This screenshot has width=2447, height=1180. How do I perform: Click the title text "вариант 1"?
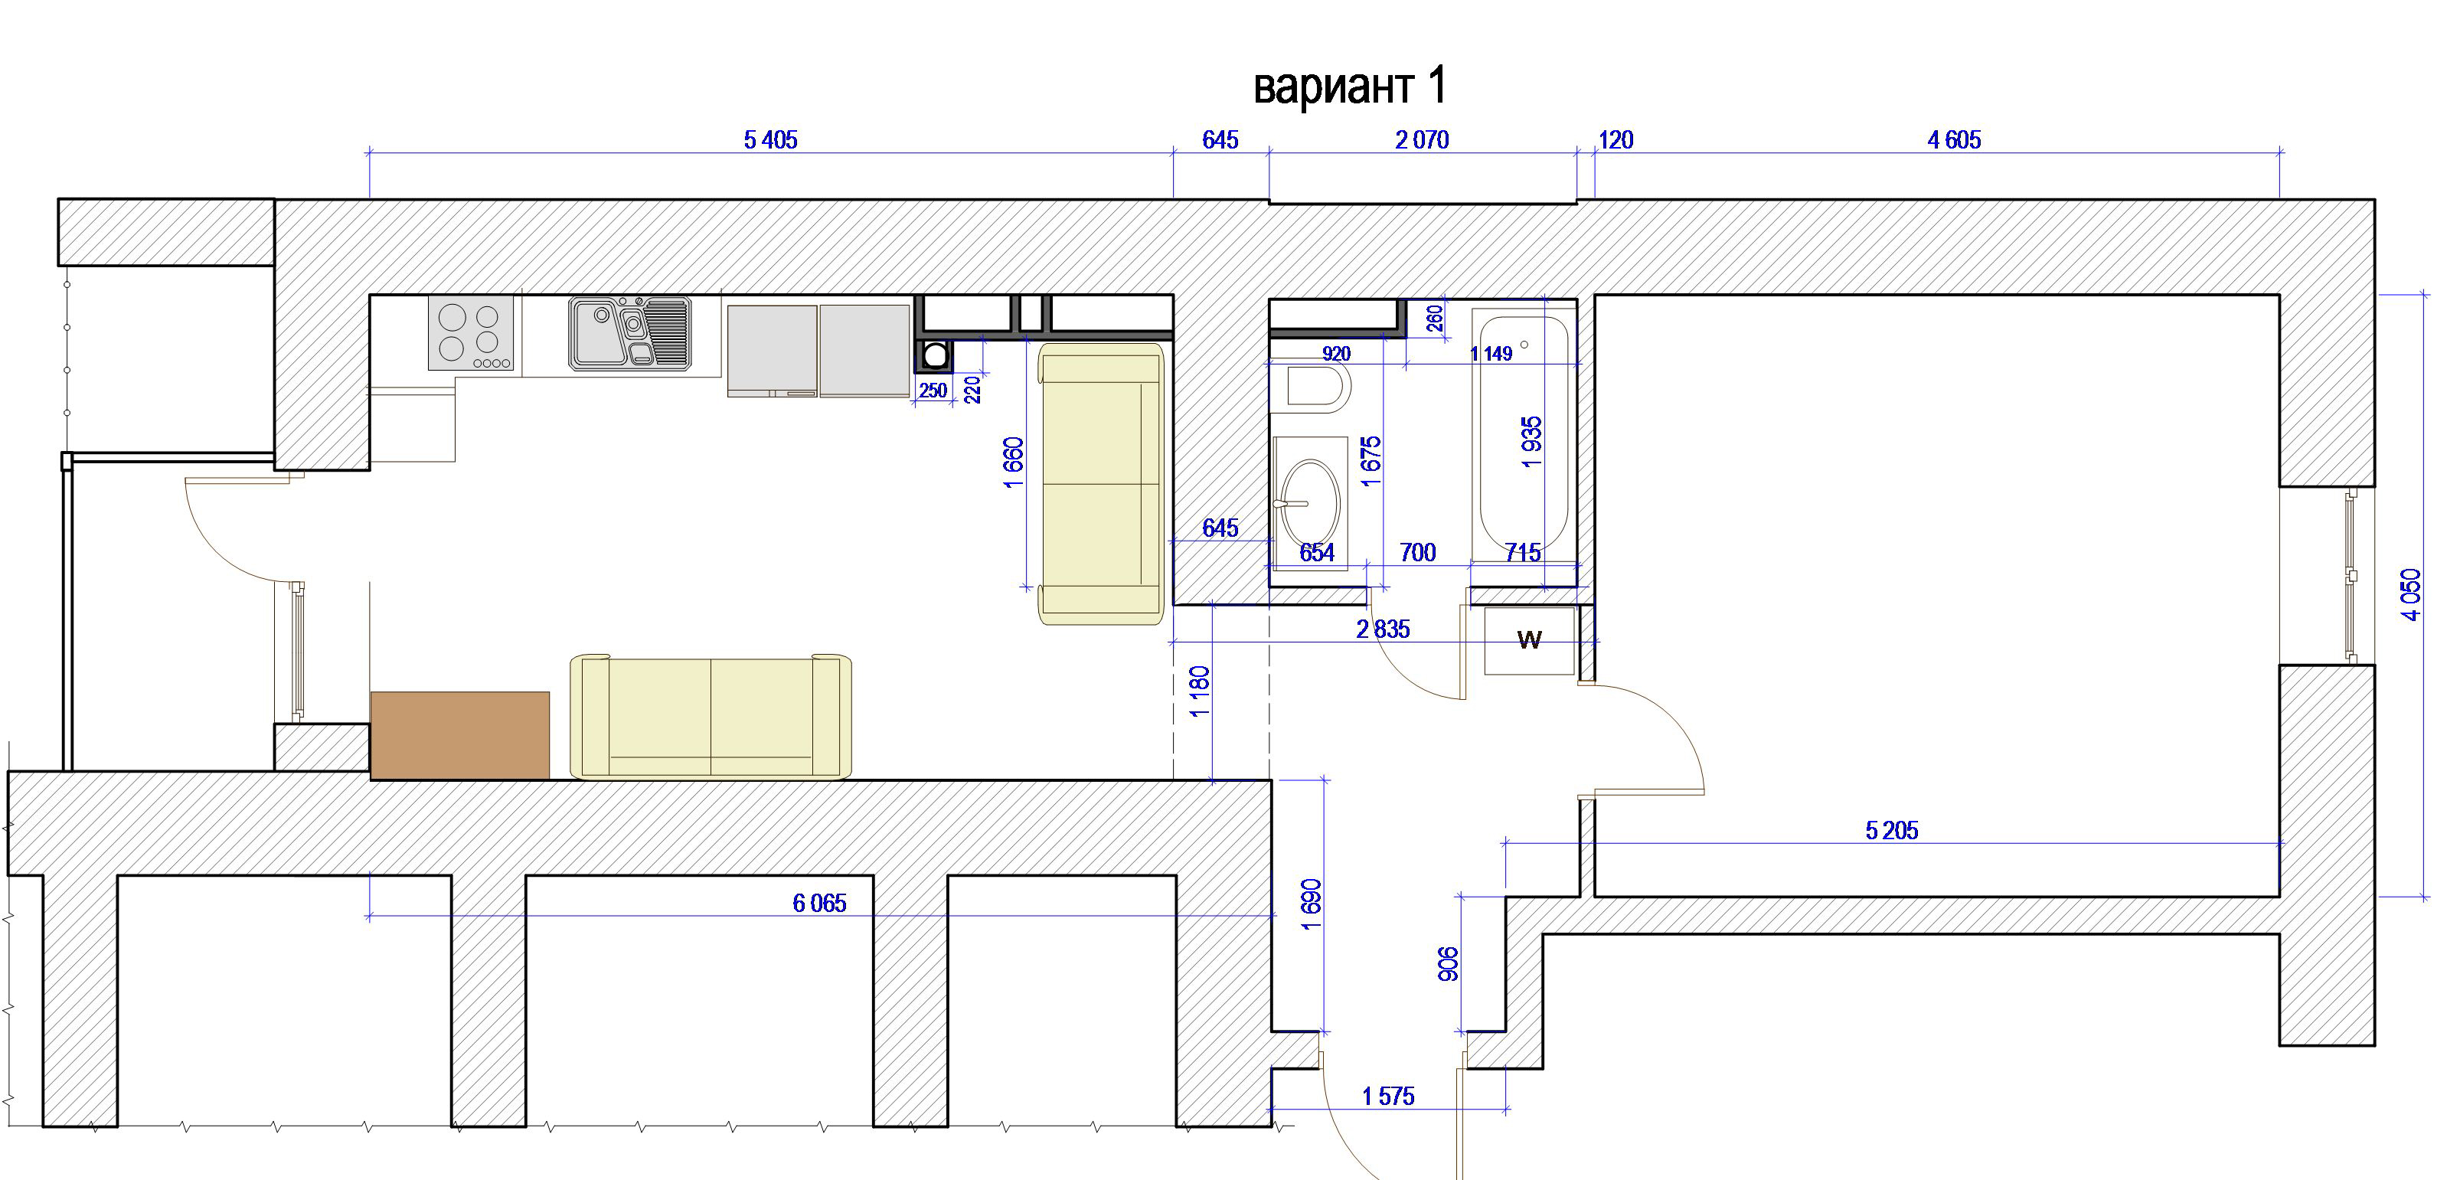coord(1350,87)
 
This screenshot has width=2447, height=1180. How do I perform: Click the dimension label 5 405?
coord(770,141)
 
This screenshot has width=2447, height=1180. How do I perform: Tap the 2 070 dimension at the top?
coord(1422,141)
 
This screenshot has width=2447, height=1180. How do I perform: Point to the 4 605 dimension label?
coord(1954,141)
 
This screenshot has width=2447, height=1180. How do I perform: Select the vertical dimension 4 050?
coord(2412,595)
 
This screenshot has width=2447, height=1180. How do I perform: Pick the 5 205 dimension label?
coord(1891,832)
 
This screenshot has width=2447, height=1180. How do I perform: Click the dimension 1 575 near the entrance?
coord(1388,1097)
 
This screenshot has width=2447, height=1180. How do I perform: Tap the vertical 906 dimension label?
coord(1449,964)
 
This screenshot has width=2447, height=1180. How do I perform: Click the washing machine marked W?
coord(1530,640)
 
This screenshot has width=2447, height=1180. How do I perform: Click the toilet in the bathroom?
coord(1318,387)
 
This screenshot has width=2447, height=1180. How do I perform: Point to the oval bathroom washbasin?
coord(1310,501)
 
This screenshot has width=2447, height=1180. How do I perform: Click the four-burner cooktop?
coord(471,332)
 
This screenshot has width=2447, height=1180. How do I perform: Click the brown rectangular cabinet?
coord(459,735)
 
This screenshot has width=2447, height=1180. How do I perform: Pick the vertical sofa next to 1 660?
coord(1102,484)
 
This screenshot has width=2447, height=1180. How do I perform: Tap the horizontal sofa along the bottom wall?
coord(711,717)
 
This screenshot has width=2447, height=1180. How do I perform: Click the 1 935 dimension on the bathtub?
coord(1531,443)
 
